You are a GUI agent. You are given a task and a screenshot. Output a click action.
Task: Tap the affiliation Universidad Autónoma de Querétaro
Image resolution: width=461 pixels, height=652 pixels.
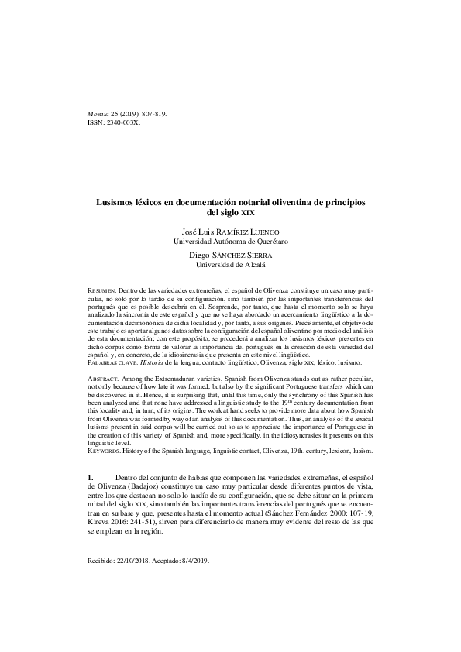(233, 242)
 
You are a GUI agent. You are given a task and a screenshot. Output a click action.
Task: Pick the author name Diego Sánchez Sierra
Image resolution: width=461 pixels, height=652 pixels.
(233, 255)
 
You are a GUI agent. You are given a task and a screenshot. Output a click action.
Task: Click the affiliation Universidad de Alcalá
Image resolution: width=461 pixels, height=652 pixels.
(233, 265)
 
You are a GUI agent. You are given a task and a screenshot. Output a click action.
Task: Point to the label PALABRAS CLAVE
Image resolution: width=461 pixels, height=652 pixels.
(112, 363)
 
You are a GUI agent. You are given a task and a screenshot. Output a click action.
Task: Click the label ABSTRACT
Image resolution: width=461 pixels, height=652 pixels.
(105, 377)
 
